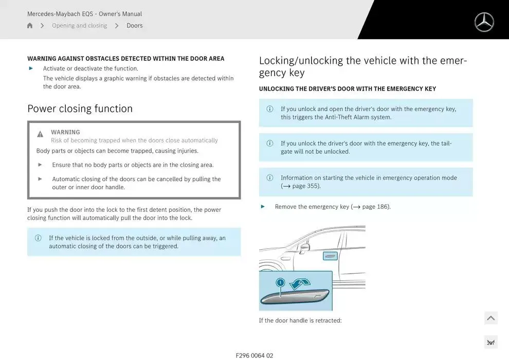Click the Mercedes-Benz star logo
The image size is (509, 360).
click(x=484, y=23)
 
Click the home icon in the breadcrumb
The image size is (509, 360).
click(x=30, y=26)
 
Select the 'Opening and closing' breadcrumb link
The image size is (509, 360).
click(x=79, y=26)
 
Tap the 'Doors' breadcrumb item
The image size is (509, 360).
click(x=135, y=26)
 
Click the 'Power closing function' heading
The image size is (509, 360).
click(x=80, y=109)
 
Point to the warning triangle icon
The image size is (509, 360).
click(x=40, y=134)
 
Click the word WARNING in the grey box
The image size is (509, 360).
click(x=65, y=132)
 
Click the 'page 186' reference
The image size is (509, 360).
click(x=375, y=207)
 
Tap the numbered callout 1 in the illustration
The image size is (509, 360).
click(x=280, y=282)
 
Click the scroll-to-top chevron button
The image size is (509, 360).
click(x=490, y=318)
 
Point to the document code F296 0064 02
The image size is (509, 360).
click(x=254, y=355)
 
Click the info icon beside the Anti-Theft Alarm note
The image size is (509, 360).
click(x=269, y=109)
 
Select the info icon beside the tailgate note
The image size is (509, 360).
click(x=269, y=143)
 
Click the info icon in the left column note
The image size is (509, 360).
click(x=38, y=238)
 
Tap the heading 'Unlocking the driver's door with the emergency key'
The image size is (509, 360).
click(x=347, y=89)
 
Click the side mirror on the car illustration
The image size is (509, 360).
click(x=305, y=247)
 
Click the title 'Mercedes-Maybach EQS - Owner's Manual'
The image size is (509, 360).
click(x=84, y=14)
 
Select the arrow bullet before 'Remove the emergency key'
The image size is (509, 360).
click(x=263, y=207)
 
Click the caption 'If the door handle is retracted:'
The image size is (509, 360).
click(x=300, y=320)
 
